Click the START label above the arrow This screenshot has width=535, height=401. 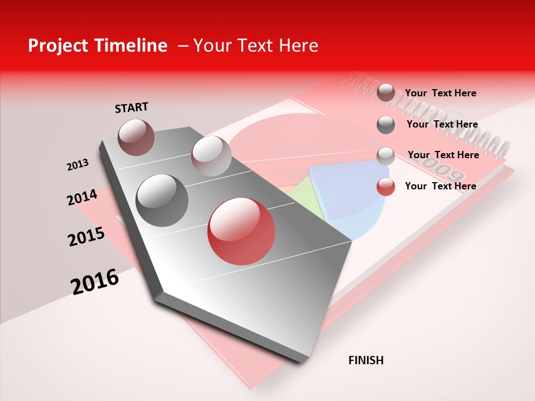pyautogui.click(x=132, y=107)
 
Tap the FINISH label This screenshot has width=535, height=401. pyautogui.click(x=366, y=360)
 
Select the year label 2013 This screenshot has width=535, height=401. pyautogui.click(x=77, y=165)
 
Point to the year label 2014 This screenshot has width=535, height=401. pyautogui.click(x=82, y=197)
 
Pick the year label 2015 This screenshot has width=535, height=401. pyautogui.click(x=86, y=237)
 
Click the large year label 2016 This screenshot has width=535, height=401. pyautogui.click(x=95, y=282)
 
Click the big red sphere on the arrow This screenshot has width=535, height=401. pyautogui.click(x=241, y=231)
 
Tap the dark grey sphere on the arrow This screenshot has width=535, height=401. pyautogui.click(x=162, y=200)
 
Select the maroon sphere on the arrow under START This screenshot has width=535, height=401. pyautogui.click(x=136, y=137)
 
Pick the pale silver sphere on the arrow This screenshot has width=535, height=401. pyautogui.click(x=211, y=156)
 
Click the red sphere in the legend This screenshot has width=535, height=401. pyautogui.click(x=386, y=187)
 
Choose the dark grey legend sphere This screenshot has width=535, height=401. pyautogui.click(x=386, y=125)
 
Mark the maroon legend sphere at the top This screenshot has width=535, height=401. pyautogui.click(x=386, y=93)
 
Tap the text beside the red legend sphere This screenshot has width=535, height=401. pyautogui.click(x=440, y=186)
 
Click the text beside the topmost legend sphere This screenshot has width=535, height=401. pyautogui.click(x=440, y=93)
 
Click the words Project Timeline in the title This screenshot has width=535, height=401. pyautogui.click(x=98, y=46)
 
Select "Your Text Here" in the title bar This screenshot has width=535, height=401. pyautogui.click(x=255, y=46)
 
